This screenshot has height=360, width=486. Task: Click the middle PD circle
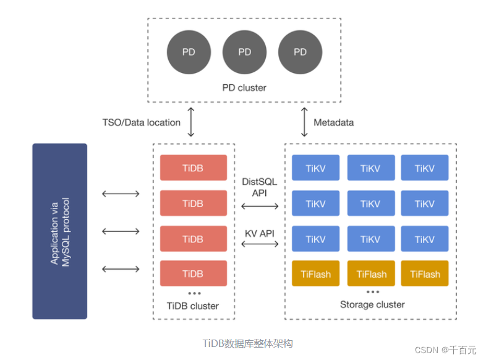click(244, 52)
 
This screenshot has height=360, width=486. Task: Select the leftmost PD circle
click(189, 52)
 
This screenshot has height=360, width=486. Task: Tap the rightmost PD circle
click(300, 52)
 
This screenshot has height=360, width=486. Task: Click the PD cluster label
click(244, 88)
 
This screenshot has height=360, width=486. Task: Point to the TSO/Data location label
click(142, 122)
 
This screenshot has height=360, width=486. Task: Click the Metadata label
click(334, 122)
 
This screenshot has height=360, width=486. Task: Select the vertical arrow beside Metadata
click(304, 122)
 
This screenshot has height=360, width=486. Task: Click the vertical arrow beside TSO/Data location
click(191, 122)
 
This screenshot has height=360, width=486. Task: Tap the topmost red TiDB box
click(193, 168)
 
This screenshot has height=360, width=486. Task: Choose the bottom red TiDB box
click(193, 273)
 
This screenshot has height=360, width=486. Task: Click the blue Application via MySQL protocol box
click(60, 231)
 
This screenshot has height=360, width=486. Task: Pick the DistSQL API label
click(259, 187)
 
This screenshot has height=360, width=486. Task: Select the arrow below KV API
click(259, 244)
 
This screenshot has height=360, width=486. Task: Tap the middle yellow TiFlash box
click(372, 273)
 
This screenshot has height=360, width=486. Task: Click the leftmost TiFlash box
click(315, 273)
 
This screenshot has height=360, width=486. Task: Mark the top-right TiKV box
click(425, 168)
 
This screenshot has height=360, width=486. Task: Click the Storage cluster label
click(372, 304)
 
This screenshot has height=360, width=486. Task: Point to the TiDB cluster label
click(193, 306)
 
